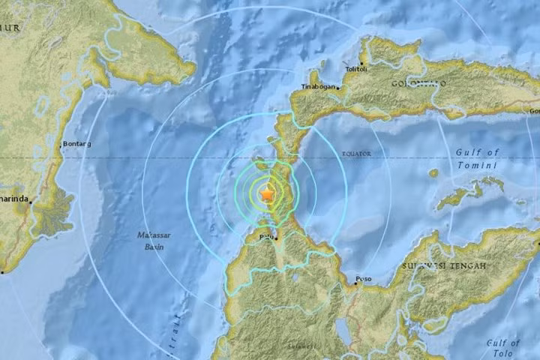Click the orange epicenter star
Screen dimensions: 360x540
coord(267,195)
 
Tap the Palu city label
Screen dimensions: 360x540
coord(265,237)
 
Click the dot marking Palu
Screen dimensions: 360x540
coord(275,238)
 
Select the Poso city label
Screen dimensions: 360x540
coord(364,279)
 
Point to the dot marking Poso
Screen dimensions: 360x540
coord(354,283)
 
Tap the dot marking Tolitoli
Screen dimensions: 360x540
coord(361,63)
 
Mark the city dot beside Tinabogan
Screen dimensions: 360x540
coord(337,88)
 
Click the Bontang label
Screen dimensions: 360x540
coord(77,143)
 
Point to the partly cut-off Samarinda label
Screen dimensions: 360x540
coord(14,199)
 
